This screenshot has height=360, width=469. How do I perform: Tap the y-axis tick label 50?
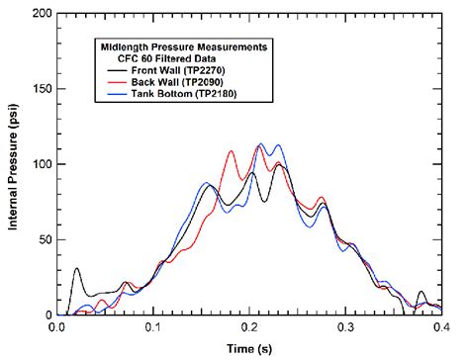click(43, 239)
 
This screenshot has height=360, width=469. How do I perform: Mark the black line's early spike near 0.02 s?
click(77, 269)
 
